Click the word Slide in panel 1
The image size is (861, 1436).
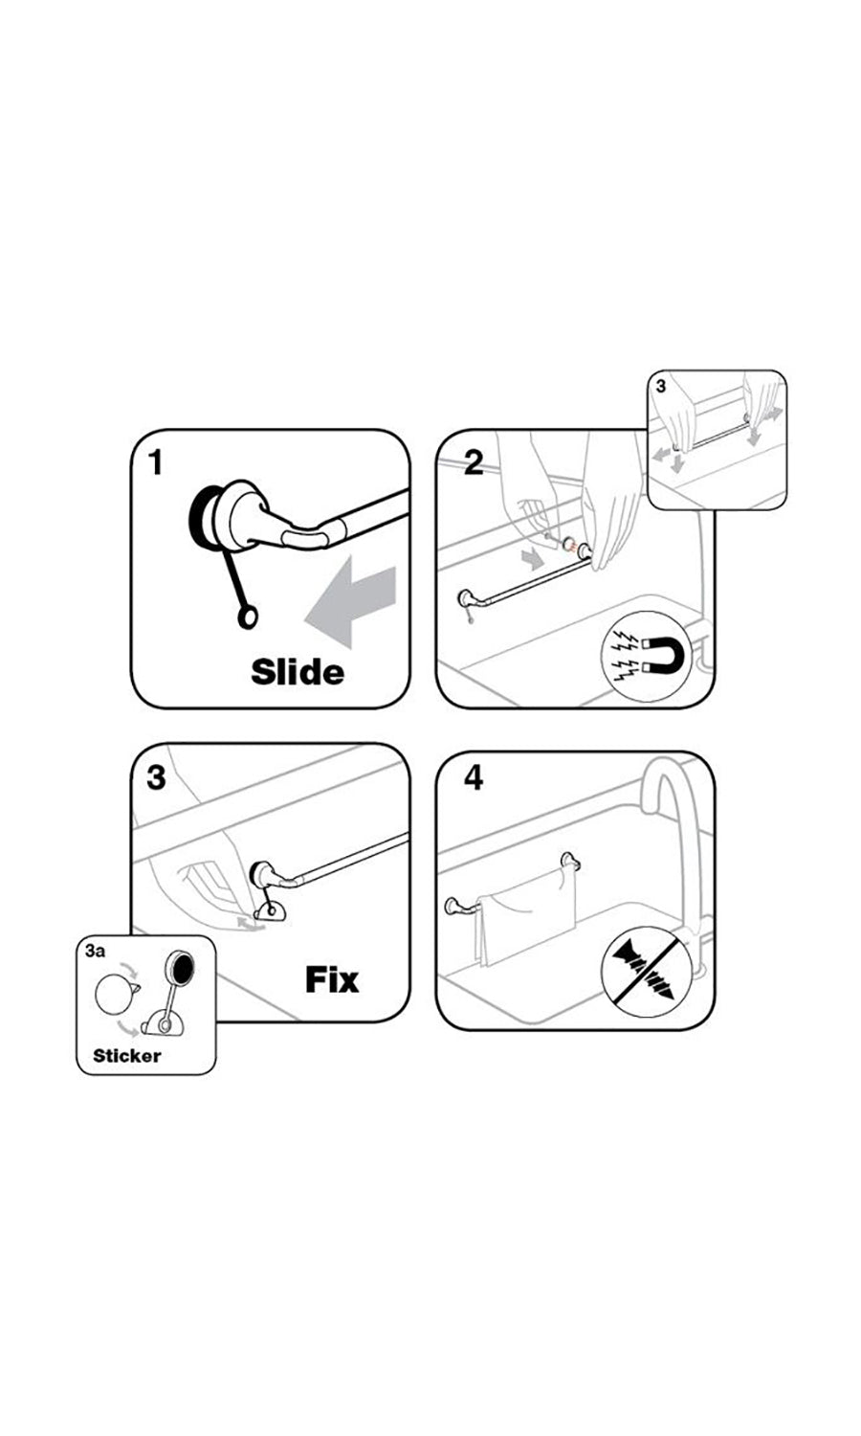298,671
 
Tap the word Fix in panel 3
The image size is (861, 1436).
332,979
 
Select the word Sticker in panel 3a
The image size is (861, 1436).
127,1055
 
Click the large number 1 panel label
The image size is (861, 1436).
156,462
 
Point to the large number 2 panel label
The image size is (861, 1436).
474,462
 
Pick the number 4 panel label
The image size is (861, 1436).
474,777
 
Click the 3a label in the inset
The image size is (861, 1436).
95,951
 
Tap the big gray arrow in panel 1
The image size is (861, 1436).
350,600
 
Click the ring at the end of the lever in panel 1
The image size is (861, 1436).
247,617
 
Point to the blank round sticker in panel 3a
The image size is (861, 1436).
115,995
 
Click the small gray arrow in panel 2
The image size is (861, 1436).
532,560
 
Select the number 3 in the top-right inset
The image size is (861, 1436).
661,387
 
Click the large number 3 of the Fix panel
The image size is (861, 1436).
156,777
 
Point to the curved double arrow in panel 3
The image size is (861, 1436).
250,924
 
